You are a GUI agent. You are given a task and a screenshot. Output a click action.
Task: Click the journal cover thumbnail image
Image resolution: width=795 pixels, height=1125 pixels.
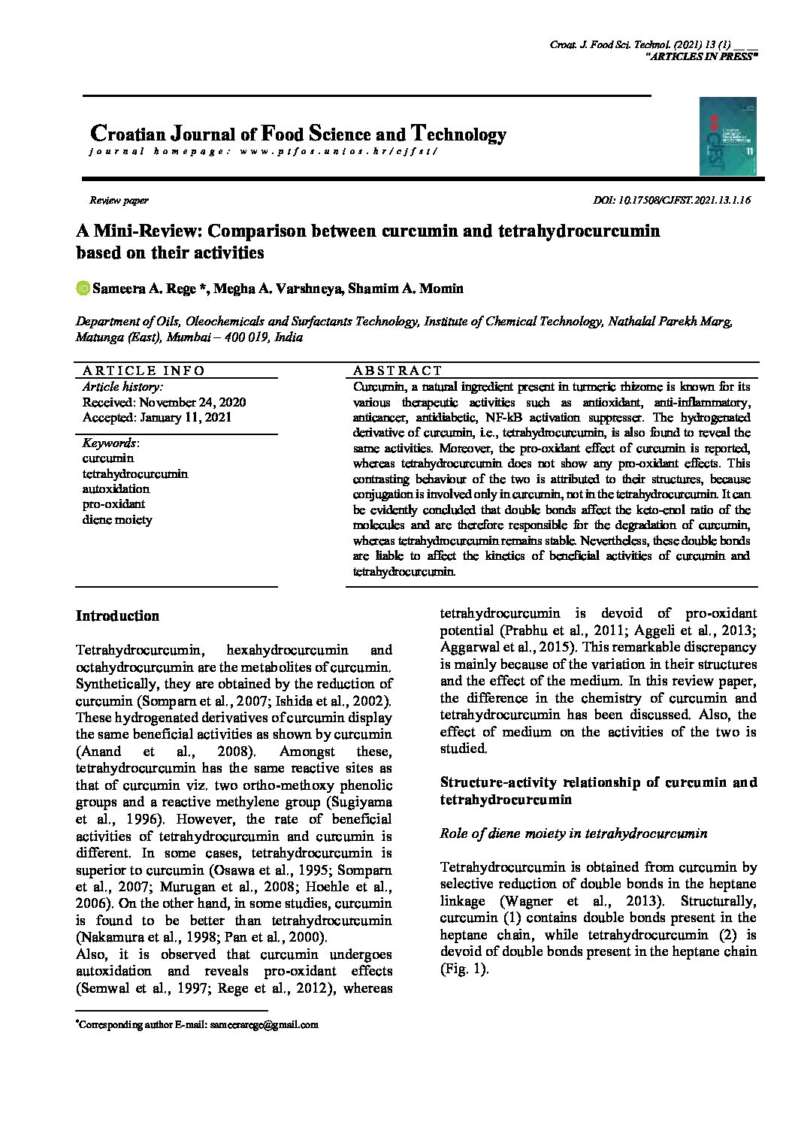(727, 136)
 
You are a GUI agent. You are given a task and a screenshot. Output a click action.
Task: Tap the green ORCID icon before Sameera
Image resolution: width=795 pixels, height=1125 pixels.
(83, 289)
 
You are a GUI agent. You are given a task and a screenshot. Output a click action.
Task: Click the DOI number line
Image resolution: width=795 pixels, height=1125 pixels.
(672, 201)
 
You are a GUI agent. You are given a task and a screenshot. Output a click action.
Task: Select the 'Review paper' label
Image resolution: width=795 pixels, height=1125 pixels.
(119, 201)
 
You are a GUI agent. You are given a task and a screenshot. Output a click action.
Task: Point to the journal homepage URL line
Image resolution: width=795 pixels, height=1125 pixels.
(263, 151)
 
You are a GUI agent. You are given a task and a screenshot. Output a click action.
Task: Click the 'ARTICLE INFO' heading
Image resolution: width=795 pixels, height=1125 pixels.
(144, 370)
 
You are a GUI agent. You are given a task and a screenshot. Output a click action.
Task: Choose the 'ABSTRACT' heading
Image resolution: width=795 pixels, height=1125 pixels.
(397, 370)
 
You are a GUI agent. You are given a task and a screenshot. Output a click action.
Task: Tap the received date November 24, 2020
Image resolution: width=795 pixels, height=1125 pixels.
(164, 402)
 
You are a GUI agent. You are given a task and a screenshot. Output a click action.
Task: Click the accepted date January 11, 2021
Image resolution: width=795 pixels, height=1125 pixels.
(156, 418)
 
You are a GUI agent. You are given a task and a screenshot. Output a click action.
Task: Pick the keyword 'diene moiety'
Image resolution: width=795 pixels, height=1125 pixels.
(117, 520)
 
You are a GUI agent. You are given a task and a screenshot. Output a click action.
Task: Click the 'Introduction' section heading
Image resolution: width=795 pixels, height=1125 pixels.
(117, 616)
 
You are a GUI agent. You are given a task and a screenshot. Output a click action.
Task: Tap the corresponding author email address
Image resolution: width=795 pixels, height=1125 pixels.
(264, 1024)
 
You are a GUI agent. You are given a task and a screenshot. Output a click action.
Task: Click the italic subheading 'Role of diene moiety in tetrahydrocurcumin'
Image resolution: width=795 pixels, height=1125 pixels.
(573, 833)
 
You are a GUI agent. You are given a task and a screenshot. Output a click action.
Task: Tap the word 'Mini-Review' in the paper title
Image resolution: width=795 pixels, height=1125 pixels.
(150, 231)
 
